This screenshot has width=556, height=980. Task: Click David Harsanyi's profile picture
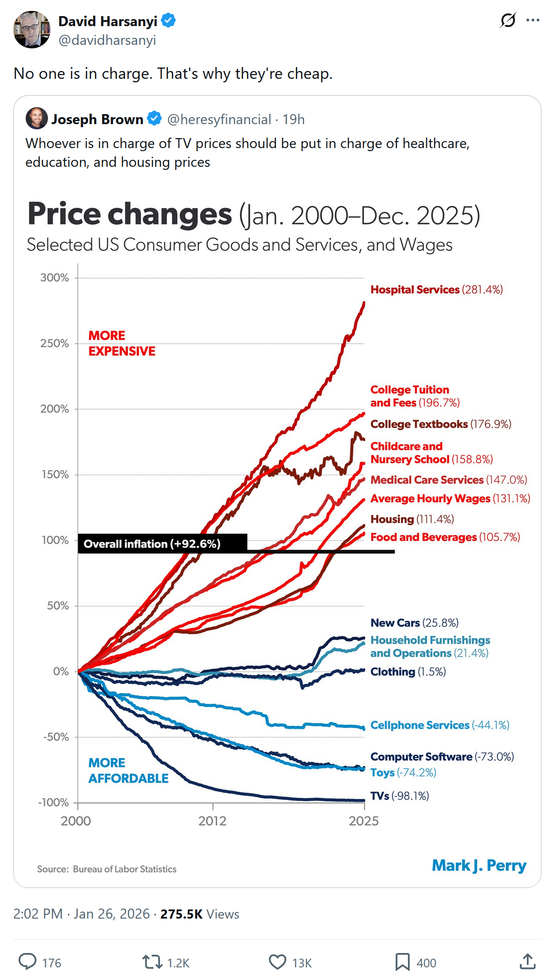(x=32, y=30)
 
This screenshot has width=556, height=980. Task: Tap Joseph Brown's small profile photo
(x=37, y=118)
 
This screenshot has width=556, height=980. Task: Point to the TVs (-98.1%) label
(x=400, y=796)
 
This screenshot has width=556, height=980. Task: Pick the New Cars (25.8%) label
(x=414, y=623)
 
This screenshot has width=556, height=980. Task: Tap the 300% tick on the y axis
(x=55, y=278)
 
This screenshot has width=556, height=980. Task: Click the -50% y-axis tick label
(x=56, y=737)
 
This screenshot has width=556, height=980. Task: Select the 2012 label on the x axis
(x=212, y=821)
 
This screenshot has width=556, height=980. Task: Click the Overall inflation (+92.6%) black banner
(x=162, y=544)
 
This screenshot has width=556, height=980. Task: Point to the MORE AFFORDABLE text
(x=128, y=770)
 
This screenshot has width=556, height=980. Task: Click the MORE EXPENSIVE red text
(x=122, y=343)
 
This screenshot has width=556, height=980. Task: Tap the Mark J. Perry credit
(x=479, y=865)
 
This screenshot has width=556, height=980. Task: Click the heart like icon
(x=277, y=962)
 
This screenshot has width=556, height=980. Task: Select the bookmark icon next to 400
(x=402, y=962)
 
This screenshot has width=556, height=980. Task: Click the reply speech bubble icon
(x=27, y=962)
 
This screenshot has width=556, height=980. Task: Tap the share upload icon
(x=527, y=962)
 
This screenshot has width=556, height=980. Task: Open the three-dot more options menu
(x=532, y=20)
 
